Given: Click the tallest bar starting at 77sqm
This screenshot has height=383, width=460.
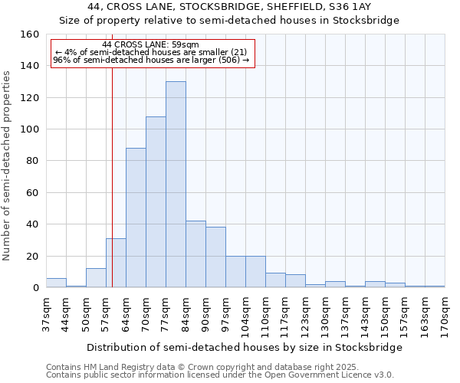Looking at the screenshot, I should click(176, 185).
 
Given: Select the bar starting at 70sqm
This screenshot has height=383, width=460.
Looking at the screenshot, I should click(156, 202).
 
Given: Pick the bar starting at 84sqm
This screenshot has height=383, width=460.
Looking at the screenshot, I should click(195, 254).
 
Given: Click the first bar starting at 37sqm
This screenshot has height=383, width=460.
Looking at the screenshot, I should click(56, 283).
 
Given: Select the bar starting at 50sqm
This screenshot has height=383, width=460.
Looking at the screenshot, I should click(96, 278).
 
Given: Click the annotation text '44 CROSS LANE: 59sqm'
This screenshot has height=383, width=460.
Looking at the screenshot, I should click(150, 44).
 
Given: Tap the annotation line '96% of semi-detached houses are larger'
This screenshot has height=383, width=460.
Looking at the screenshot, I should click(150, 60).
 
